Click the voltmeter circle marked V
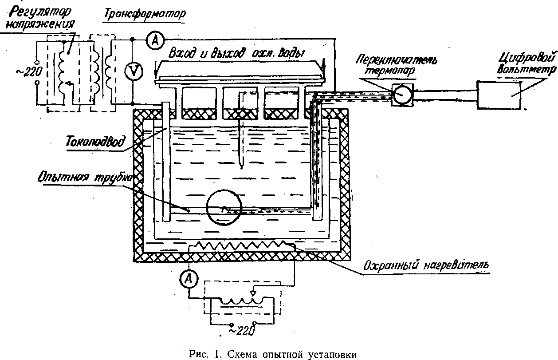point(134,71)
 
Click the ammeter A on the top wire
point(155,40)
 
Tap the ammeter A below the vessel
point(189,279)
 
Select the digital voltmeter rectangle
point(499,95)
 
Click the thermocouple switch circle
point(402,95)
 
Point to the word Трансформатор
point(145,14)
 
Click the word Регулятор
point(41,12)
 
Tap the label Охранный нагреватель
point(426,266)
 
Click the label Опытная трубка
point(85,178)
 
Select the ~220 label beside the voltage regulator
point(29,72)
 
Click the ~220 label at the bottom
point(242,331)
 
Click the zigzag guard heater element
point(241,246)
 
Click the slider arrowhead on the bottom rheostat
point(253,293)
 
